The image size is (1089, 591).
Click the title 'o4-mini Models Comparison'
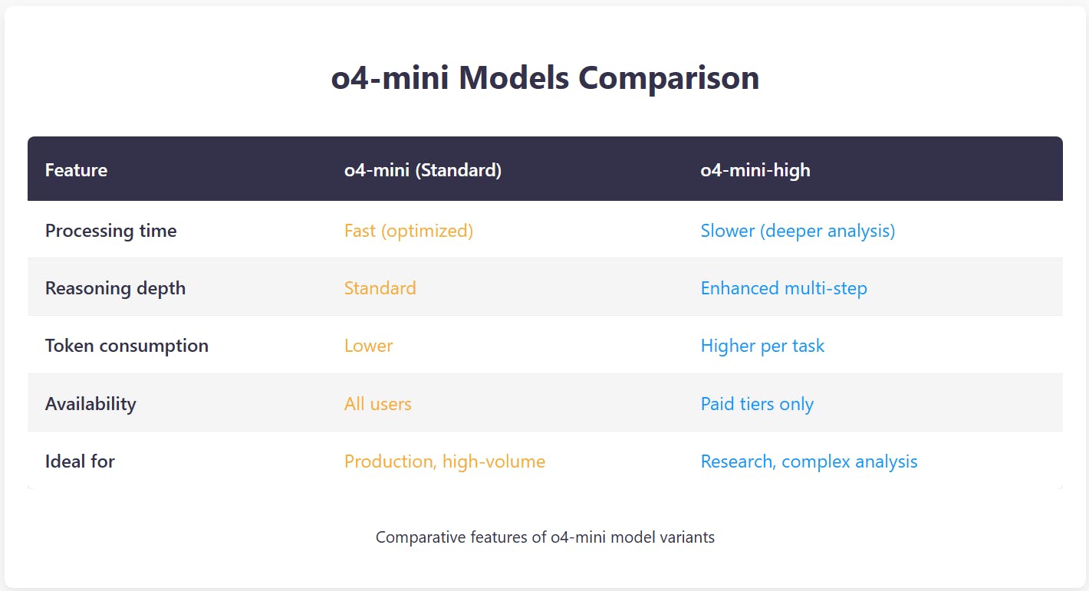(544, 79)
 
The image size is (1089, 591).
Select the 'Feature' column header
(76, 170)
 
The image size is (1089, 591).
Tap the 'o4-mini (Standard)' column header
(423, 170)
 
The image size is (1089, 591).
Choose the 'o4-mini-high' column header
(755, 170)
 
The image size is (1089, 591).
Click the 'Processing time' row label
(110, 231)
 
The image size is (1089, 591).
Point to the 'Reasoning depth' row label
(115, 288)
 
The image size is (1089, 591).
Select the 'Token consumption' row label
(127, 346)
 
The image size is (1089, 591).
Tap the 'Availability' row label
(90, 404)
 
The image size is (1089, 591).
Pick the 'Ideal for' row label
(80, 461)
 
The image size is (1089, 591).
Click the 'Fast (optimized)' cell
(408, 231)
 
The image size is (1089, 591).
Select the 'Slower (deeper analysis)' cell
(798, 231)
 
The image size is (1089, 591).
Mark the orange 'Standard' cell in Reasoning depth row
(380, 288)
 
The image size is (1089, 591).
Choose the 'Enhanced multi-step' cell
(784, 288)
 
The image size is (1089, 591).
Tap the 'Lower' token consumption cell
(368, 346)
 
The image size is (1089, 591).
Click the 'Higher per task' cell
(762, 346)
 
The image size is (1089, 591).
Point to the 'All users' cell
(377, 404)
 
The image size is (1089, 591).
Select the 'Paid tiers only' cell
(757, 404)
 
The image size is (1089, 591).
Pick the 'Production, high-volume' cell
(444, 461)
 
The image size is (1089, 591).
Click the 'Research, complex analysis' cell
(808, 461)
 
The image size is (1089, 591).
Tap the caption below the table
(544, 537)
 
